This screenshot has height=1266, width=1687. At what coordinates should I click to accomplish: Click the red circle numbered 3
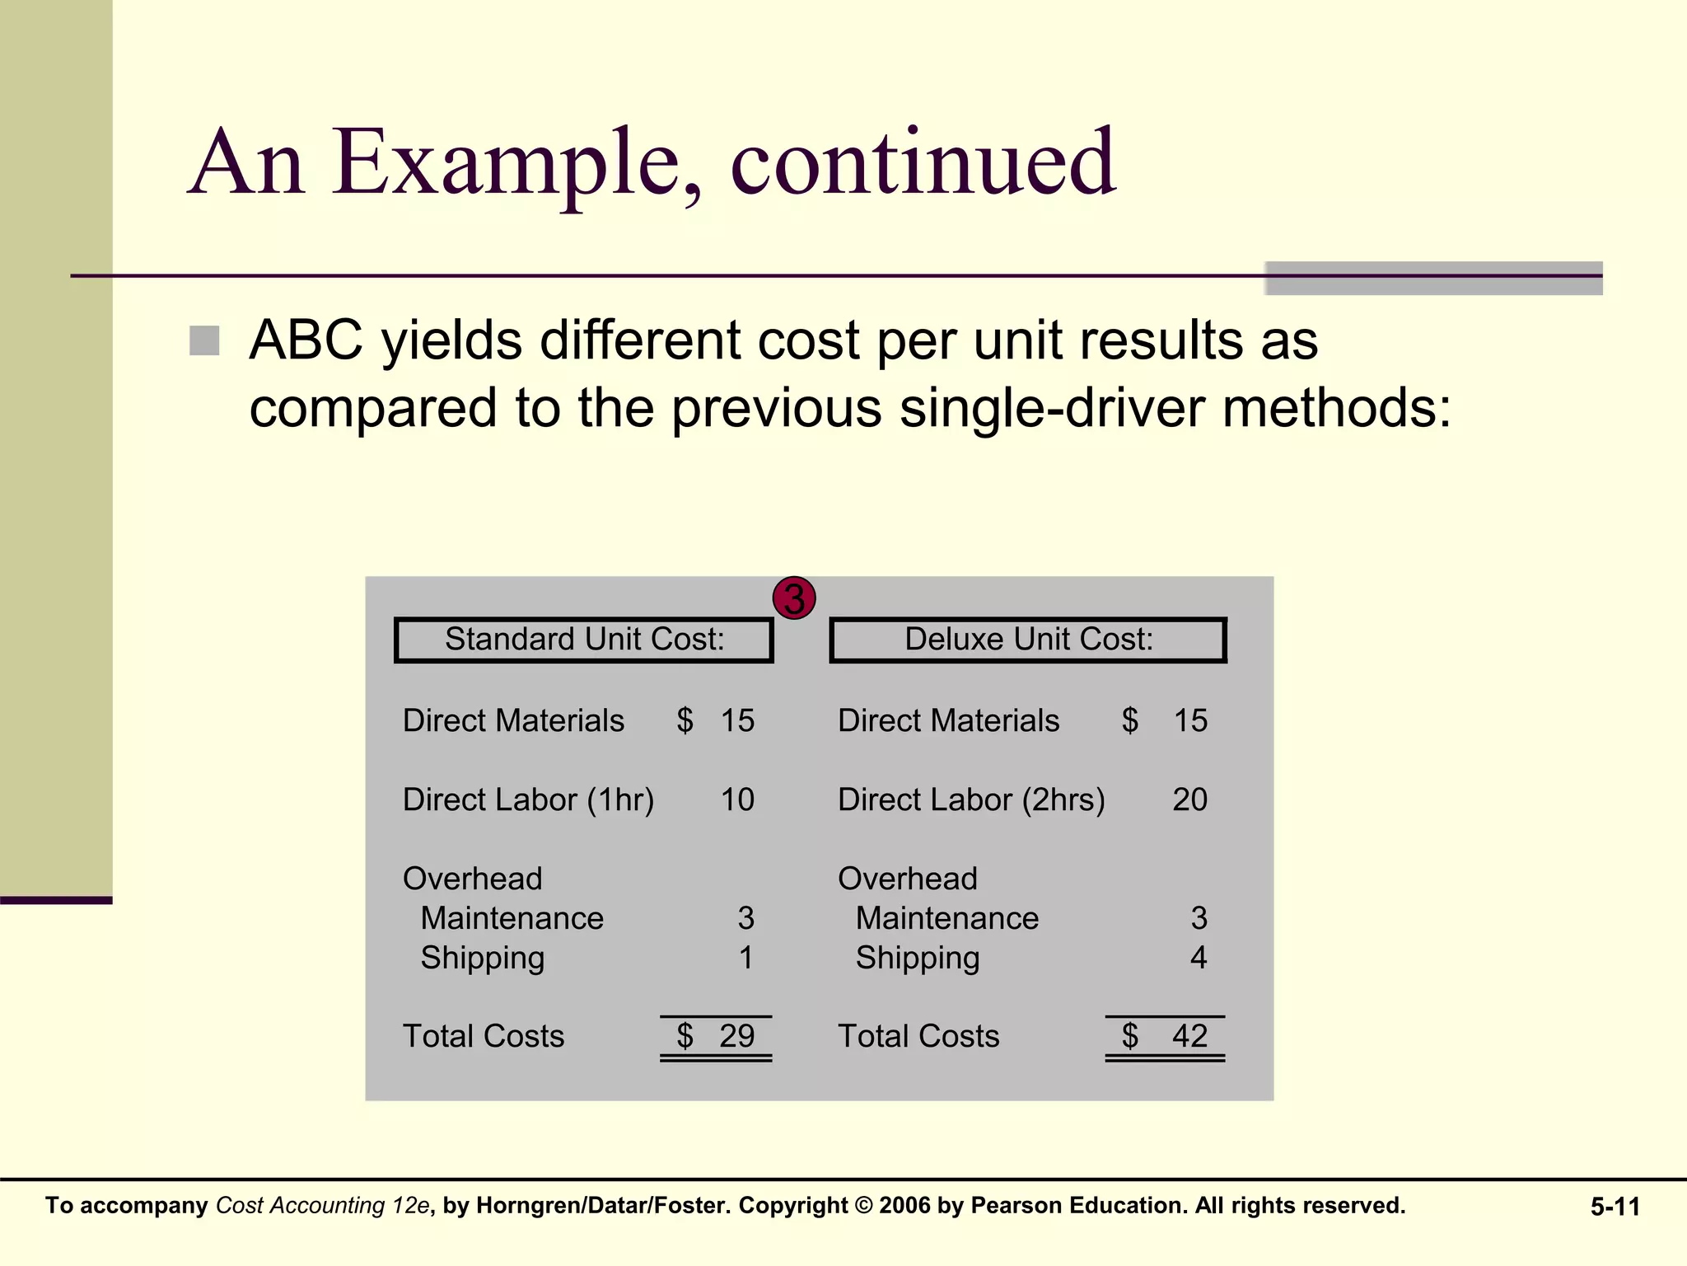794,598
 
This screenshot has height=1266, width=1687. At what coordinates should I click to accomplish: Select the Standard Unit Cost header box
584,640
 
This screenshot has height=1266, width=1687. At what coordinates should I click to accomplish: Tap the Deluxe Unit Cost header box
1028,640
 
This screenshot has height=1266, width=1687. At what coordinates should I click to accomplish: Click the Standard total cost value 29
736,1036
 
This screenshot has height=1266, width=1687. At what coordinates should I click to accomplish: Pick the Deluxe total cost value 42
1189,1036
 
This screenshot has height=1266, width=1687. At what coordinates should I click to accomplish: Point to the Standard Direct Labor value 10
737,799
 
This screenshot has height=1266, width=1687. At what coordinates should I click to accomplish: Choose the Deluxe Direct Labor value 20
1189,799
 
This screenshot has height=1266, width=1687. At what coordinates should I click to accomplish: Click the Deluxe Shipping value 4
1199,958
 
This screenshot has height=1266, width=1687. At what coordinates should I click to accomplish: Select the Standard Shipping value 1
745,958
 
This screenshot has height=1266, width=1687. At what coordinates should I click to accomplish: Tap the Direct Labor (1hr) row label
528,799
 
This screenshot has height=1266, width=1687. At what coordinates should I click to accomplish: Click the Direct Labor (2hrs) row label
971,799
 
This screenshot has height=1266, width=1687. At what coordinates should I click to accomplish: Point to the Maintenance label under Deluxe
947,918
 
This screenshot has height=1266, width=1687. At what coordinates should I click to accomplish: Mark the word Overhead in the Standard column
472,879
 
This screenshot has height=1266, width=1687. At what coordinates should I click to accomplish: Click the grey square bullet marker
204,340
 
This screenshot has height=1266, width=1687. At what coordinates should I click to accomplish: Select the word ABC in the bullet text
306,340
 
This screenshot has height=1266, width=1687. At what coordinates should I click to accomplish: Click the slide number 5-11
1615,1207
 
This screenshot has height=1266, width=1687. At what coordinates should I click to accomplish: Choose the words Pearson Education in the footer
1079,1205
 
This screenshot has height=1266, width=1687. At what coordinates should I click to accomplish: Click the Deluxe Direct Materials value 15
1190,720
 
